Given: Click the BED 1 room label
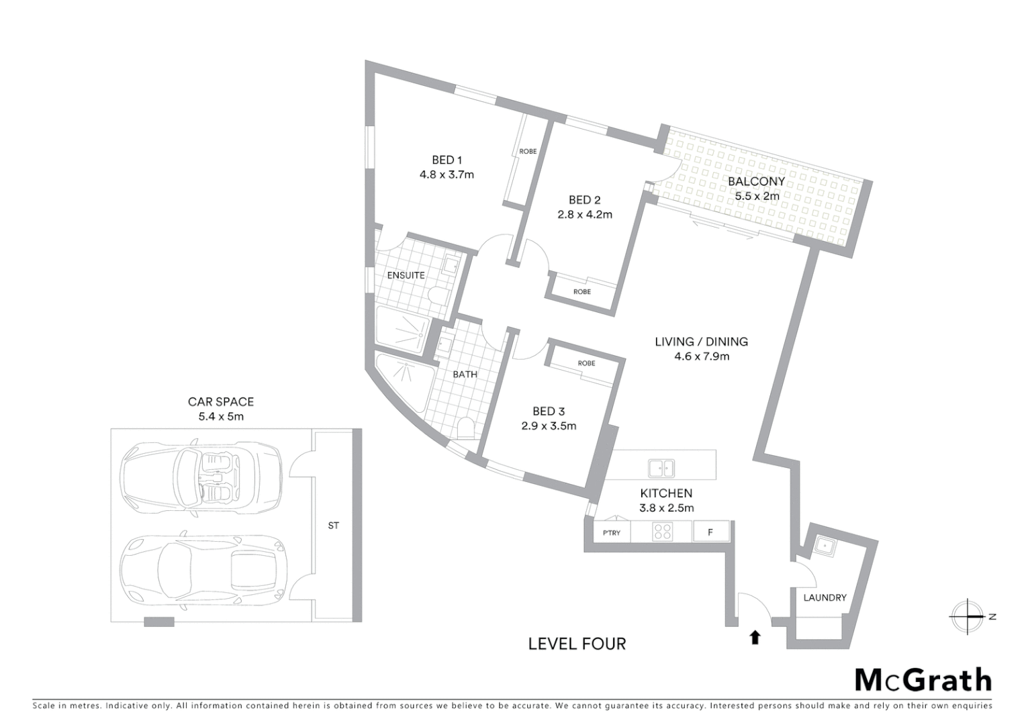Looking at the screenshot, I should [447, 160].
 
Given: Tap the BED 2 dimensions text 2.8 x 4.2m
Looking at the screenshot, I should [584, 215].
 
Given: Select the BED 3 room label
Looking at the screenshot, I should [549, 411].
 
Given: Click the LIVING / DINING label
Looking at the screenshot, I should [701, 342].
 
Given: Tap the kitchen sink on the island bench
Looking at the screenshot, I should [661, 467].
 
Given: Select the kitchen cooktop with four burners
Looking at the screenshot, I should [662, 532].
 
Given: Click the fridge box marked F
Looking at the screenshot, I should [710, 532].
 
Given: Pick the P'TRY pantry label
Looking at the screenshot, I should [611, 533].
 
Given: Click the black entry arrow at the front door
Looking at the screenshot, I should [755, 637].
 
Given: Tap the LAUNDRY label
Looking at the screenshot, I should [825, 597].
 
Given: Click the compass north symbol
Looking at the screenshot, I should [968, 616].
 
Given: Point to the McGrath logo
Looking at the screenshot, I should [923, 679].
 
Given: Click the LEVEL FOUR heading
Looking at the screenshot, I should [577, 644].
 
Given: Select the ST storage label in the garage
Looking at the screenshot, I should [334, 526].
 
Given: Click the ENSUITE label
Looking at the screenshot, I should [406, 275].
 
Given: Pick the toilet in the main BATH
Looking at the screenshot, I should [465, 427].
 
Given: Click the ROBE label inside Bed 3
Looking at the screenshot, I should [586, 363].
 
